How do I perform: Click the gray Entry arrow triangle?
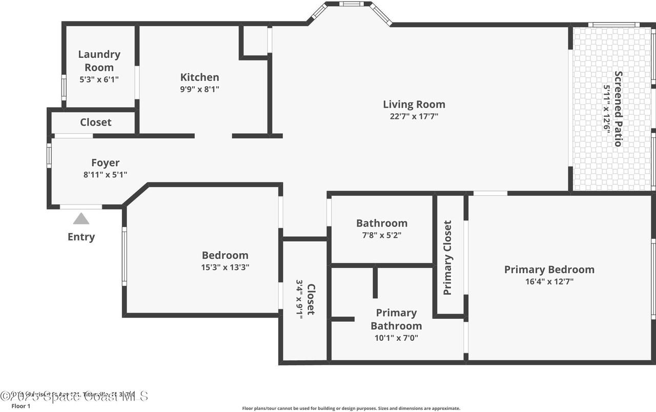point(81,219)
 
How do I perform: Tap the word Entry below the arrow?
point(81,237)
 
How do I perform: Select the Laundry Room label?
point(99,60)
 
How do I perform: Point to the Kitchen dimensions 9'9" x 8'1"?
point(199,89)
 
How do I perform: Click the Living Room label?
point(414,105)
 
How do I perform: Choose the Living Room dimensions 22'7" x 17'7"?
point(414,116)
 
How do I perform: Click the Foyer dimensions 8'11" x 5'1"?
point(105,175)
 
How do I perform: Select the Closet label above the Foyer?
point(95,122)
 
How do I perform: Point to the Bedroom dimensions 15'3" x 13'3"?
point(225,267)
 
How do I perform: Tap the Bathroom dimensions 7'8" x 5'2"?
point(382,235)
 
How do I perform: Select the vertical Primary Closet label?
point(447,258)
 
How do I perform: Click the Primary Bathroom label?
point(396,319)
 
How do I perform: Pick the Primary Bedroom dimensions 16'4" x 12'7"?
point(549,281)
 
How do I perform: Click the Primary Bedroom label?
point(549,270)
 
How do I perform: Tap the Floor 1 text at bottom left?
point(21,406)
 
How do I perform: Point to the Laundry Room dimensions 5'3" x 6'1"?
point(99,80)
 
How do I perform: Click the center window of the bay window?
point(351,4)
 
